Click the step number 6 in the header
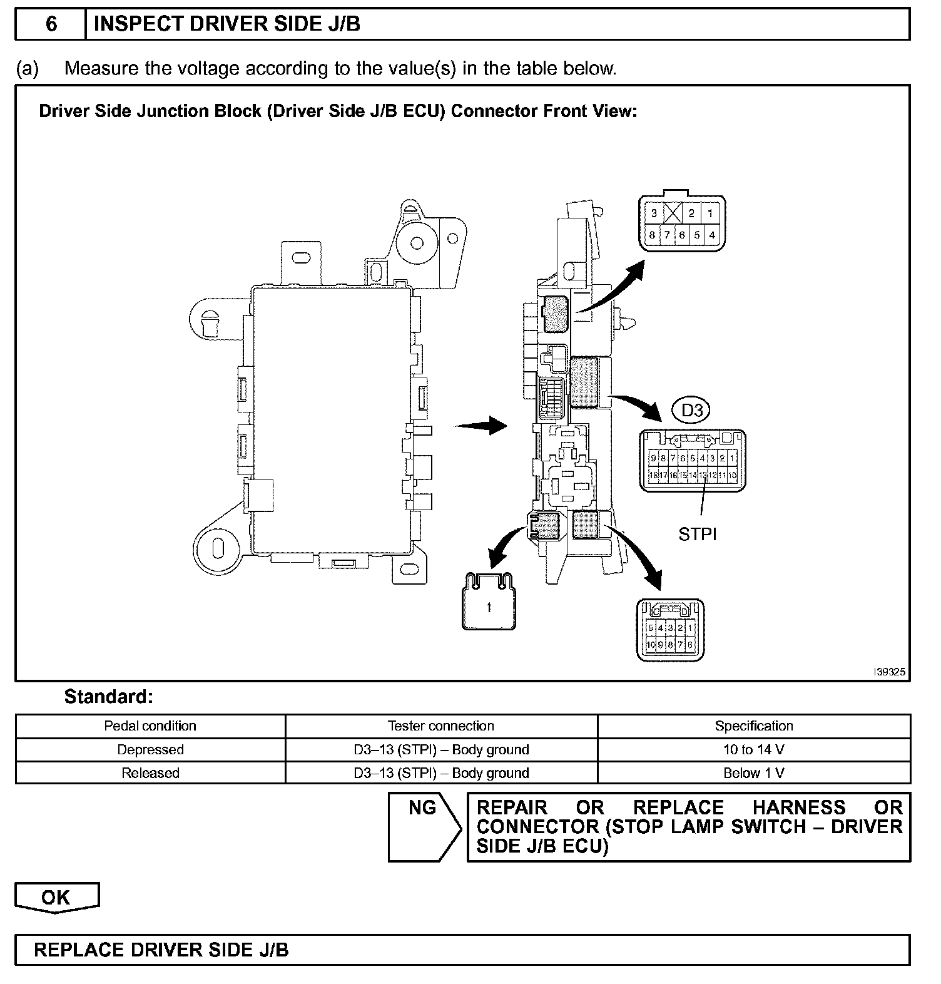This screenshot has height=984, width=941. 51,24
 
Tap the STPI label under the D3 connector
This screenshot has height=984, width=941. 698,534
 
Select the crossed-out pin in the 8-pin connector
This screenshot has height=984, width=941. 672,213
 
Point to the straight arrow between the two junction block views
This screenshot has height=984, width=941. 480,426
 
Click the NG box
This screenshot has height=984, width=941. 422,809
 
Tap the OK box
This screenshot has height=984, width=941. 56,898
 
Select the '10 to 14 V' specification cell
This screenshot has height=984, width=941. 754,749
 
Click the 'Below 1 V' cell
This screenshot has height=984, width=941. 754,773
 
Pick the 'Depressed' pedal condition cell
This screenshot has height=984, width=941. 150,749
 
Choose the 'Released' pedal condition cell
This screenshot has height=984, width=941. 150,773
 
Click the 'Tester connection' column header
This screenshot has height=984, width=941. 441,726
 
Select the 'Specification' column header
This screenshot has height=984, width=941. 754,726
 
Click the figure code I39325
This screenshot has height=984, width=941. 889,672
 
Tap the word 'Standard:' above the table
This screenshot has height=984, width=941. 109,697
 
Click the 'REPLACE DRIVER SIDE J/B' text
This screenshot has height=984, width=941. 161,950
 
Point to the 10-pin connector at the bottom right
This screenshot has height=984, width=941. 670,630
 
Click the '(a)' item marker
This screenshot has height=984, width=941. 28,68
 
